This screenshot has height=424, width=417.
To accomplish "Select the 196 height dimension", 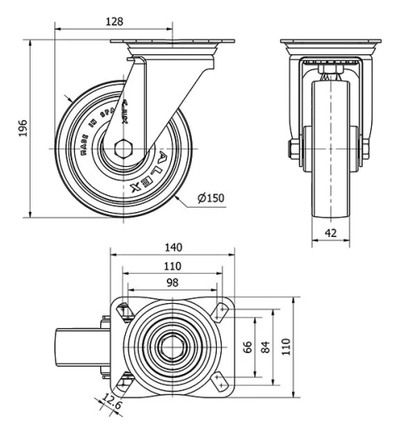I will point(23,128).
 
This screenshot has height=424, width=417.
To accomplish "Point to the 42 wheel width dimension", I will point(332,234).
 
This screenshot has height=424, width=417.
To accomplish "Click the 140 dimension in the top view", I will point(173,248).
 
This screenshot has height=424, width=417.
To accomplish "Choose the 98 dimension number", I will point(173,283).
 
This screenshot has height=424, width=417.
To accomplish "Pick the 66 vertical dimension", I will point(247,346).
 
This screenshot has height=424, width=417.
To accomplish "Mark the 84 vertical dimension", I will point(266,346).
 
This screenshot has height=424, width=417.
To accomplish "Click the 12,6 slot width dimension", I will point(110,403).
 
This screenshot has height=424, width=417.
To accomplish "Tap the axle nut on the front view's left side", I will point(294,150).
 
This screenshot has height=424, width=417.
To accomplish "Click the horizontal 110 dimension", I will point(173,265).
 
